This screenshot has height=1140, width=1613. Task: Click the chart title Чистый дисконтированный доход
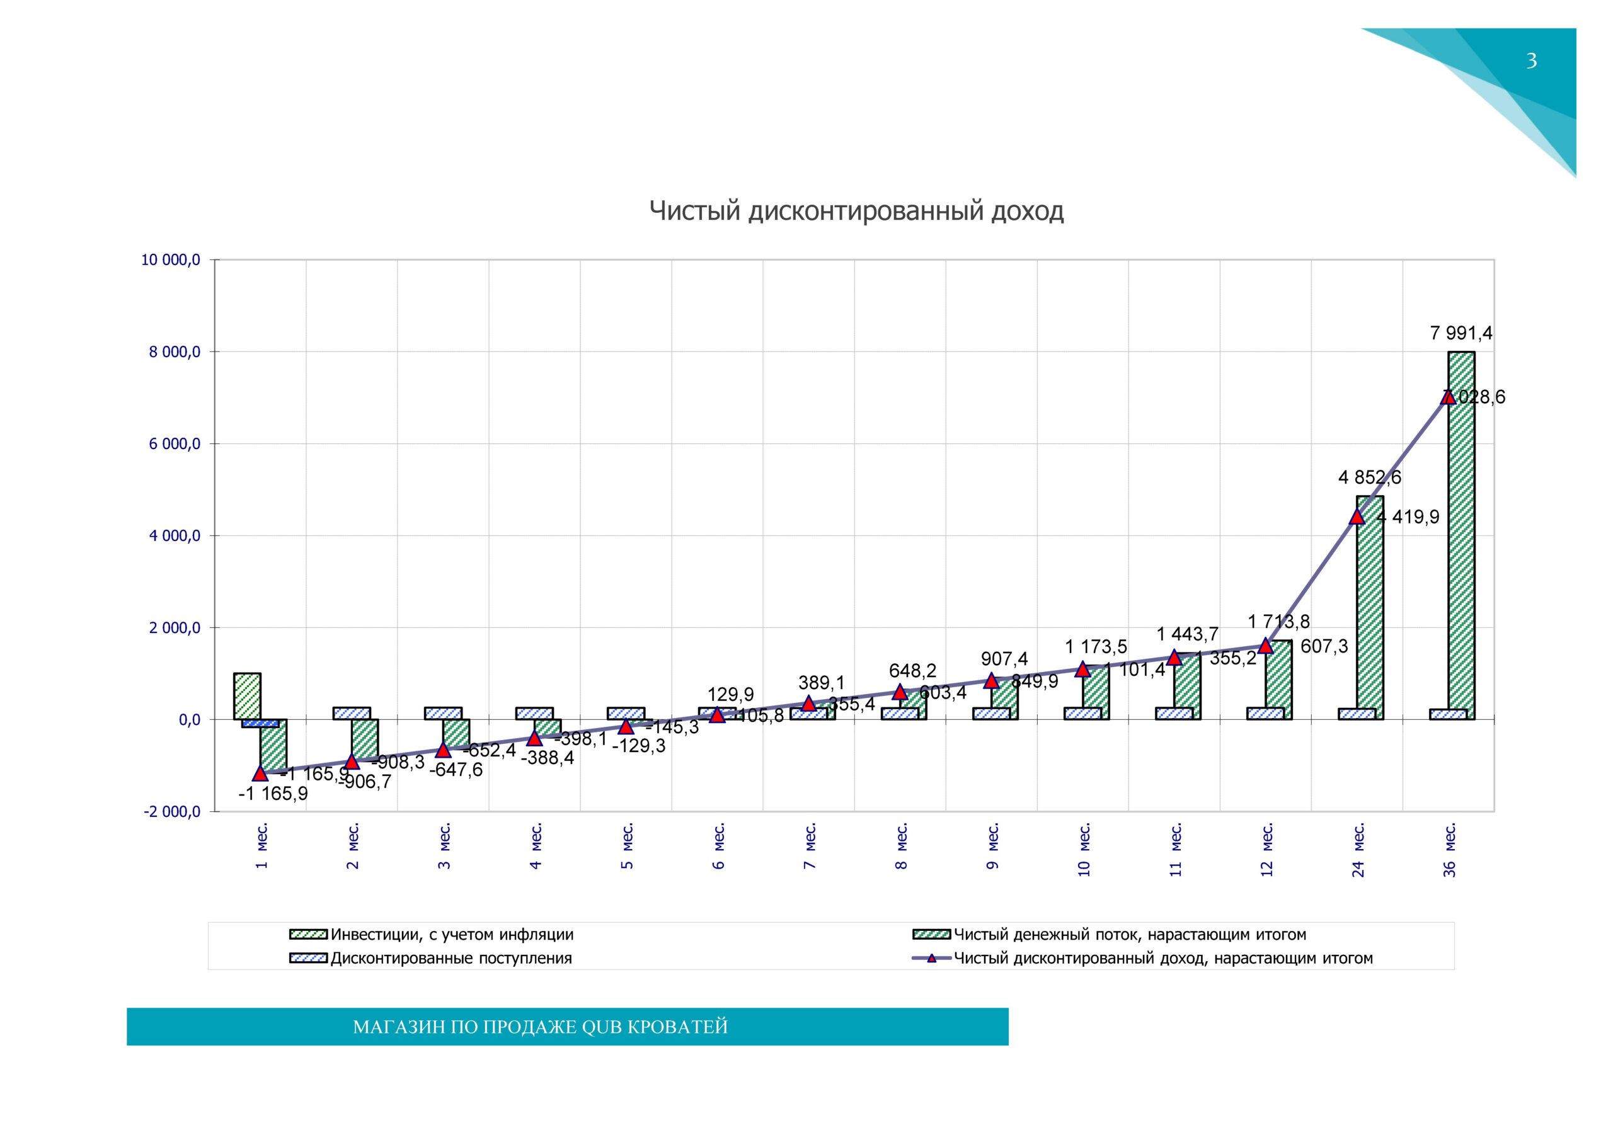(x=856, y=211)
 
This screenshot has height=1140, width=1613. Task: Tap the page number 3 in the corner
(x=1532, y=61)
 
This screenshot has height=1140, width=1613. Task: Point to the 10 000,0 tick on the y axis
(x=171, y=261)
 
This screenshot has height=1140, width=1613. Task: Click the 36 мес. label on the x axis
(x=1449, y=849)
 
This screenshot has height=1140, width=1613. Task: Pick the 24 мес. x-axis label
(x=1358, y=849)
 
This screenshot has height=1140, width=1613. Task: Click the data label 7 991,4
(x=1461, y=333)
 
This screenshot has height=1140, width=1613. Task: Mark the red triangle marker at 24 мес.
(x=1357, y=517)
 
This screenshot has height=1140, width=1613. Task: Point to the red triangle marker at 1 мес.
(x=260, y=773)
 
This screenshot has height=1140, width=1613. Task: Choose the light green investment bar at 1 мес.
(x=247, y=696)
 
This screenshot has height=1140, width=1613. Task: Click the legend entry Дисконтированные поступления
(x=451, y=958)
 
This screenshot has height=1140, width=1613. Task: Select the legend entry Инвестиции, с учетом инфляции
(x=452, y=935)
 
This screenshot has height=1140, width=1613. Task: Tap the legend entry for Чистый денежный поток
(x=1129, y=935)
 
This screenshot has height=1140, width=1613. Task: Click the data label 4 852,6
(x=1369, y=477)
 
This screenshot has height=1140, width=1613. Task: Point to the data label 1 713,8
(x=1278, y=622)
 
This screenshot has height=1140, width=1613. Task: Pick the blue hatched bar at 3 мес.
(x=444, y=713)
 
